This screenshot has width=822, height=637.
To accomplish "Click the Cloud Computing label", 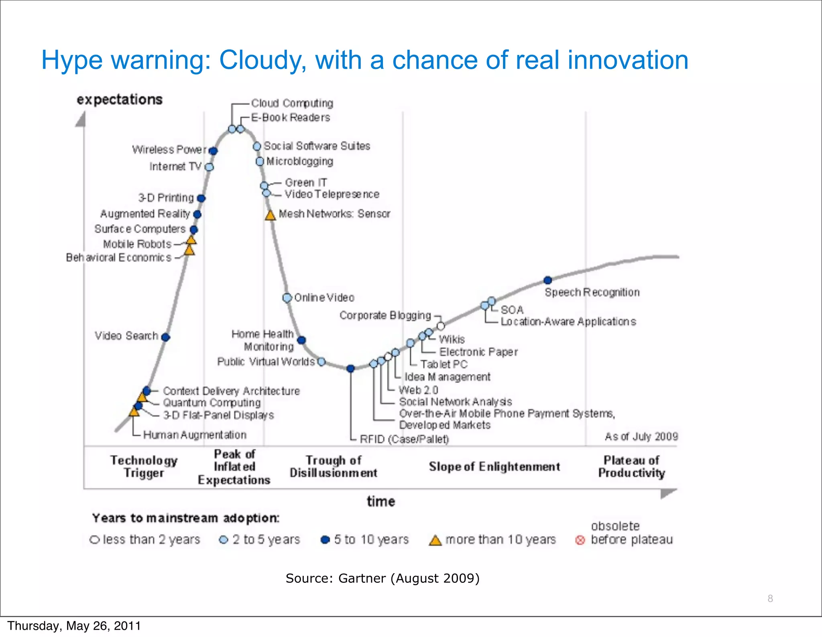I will (x=292, y=103).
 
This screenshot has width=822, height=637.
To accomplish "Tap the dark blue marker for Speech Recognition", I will (x=547, y=280).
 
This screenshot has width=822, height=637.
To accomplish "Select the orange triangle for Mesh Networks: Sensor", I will (x=270, y=216).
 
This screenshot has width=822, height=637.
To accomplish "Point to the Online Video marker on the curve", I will (x=287, y=298).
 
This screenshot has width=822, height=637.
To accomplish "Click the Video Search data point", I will (x=165, y=337).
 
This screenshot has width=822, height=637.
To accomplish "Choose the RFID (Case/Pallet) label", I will (x=404, y=439).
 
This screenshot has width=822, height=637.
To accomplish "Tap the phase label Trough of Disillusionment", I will (x=333, y=466).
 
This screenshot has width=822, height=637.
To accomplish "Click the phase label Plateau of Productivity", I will (x=631, y=466).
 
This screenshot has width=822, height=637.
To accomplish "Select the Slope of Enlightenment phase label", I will (x=494, y=466).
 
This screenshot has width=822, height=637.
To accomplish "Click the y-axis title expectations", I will (x=120, y=100).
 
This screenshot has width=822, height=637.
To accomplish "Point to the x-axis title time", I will (x=380, y=501).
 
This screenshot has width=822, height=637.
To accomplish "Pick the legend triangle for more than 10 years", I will (x=435, y=540).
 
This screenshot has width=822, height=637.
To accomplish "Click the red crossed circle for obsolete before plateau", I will (x=580, y=540).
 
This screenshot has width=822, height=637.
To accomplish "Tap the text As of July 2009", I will (x=641, y=436).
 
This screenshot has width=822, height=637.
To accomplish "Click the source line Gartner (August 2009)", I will (x=383, y=578).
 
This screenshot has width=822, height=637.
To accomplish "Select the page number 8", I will (x=770, y=598).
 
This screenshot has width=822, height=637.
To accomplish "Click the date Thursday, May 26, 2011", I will (x=74, y=626).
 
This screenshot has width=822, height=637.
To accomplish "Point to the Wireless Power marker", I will (x=213, y=151).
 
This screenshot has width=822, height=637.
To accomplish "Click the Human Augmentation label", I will (x=195, y=435).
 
